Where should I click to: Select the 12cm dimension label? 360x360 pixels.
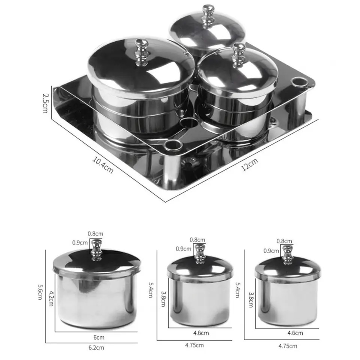[x=250, y=164]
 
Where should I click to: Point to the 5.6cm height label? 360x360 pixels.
[x=40, y=292]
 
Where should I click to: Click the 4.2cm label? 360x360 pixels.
[x=51, y=298]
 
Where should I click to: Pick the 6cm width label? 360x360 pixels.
[x=99, y=337]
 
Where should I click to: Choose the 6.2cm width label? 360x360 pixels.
[x=96, y=348]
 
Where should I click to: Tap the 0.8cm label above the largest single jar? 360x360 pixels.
[x=95, y=234]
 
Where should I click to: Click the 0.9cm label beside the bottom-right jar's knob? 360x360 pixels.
[x=271, y=251]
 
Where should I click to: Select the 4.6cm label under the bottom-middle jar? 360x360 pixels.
[x=201, y=333]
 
